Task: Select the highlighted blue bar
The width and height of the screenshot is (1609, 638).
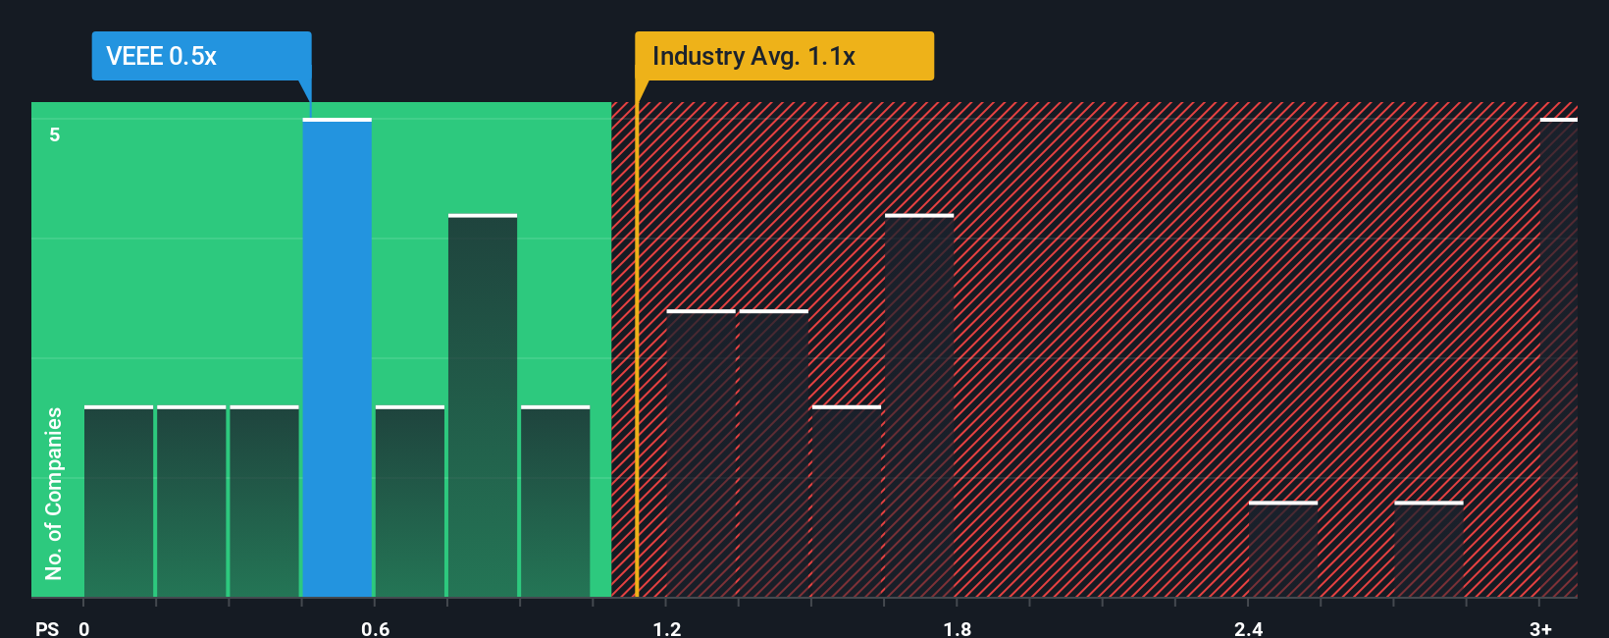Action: (x=337, y=358)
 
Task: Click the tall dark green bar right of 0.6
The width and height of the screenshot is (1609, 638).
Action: (x=483, y=406)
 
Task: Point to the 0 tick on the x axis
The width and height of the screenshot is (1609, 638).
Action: (x=84, y=628)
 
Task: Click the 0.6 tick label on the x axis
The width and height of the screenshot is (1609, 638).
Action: (x=375, y=628)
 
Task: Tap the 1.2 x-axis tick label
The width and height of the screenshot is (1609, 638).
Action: (x=667, y=628)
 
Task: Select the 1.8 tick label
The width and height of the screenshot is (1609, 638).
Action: (x=958, y=628)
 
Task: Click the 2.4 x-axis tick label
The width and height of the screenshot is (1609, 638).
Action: (x=1248, y=628)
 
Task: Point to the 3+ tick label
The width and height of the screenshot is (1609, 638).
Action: (x=1540, y=628)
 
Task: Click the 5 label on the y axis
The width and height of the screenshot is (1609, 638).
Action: (x=55, y=134)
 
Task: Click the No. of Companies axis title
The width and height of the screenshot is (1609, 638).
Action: (x=54, y=493)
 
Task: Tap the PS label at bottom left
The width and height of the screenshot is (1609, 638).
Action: (x=47, y=628)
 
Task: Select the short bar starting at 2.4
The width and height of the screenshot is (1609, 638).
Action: (x=1283, y=550)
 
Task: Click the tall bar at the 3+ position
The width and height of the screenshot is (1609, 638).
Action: (x=1559, y=358)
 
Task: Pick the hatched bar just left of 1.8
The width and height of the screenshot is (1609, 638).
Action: (x=919, y=406)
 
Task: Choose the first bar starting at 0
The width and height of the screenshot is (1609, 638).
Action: (x=119, y=502)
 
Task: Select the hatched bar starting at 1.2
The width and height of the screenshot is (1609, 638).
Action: (x=701, y=453)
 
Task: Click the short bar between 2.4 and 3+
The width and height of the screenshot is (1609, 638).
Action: (x=1428, y=550)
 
